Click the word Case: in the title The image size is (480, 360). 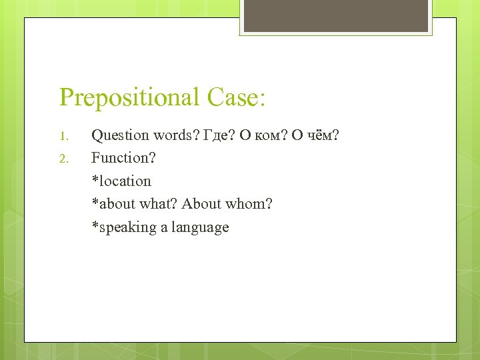tap(237, 97)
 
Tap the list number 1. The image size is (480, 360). tap(64, 137)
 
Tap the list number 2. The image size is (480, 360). tap(64, 159)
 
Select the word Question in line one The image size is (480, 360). tap(120, 136)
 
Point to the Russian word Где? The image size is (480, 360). tap(218, 135)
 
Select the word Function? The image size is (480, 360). tap(123, 158)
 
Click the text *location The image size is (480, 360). tap(121, 181)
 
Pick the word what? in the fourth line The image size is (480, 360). tap(157, 204)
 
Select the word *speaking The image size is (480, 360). tap(123, 227)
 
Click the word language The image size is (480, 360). tap(200, 227)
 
